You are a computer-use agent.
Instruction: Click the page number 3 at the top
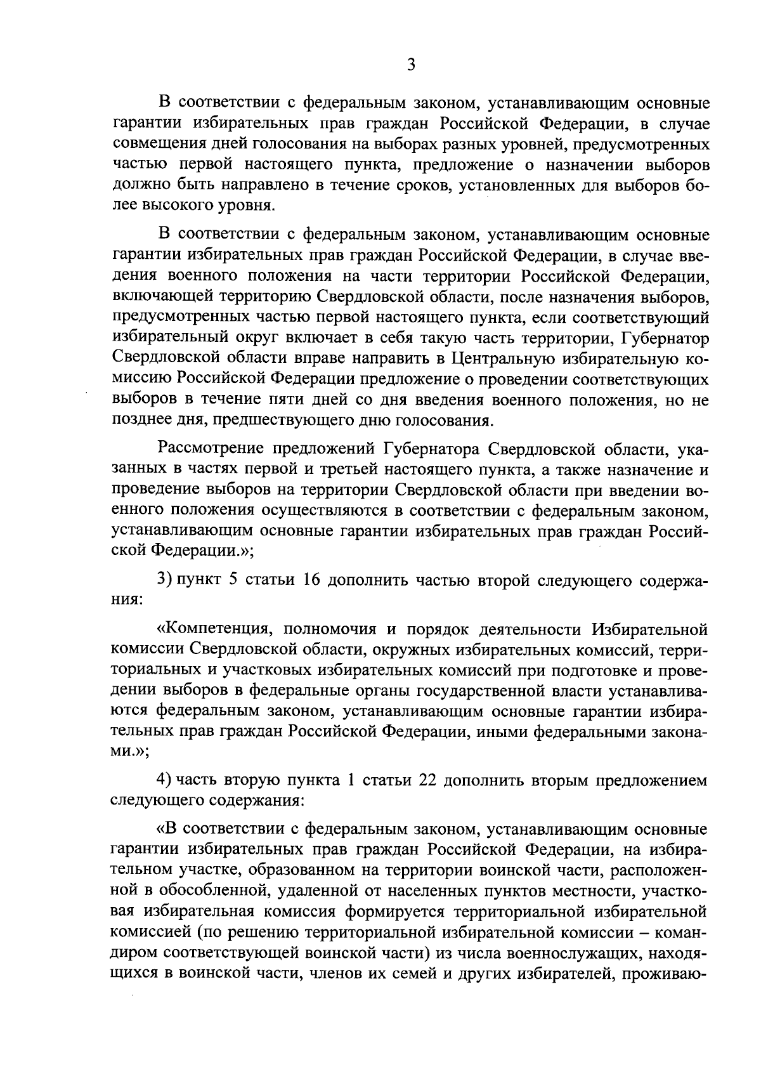(x=411, y=65)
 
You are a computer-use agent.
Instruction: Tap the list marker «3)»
(x=165, y=581)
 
